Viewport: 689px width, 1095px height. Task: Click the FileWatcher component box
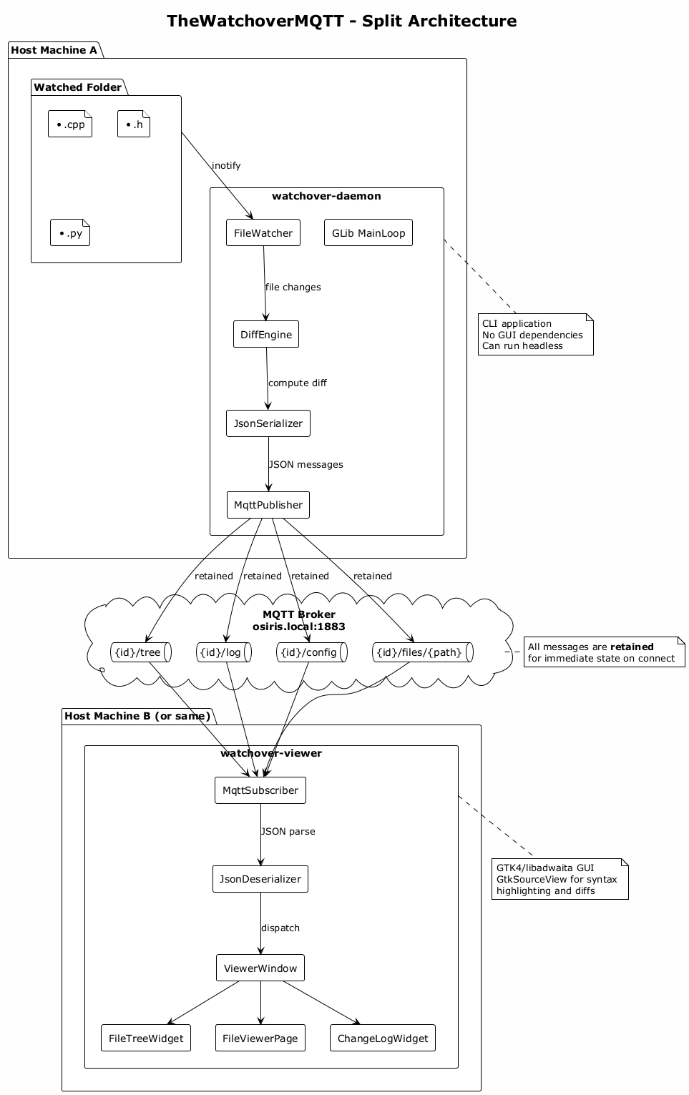coord(263,233)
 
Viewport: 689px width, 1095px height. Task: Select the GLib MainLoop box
coord(368,233)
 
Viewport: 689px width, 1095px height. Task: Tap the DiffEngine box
coord(266,335)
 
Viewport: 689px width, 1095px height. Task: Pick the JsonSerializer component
coord(268,423)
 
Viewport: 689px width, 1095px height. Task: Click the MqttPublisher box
coord(268,505)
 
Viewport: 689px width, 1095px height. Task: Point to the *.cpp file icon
coord(70,124)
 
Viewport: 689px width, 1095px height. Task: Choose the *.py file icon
coord(70,233)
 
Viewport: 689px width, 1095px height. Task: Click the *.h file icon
coord(134,124)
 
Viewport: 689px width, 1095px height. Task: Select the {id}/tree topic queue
coord(141,652)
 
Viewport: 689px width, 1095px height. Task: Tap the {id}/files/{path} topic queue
coord(423,652)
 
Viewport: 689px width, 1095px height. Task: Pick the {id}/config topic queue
coord(312,652)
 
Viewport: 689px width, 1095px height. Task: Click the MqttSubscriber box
coord(260,790)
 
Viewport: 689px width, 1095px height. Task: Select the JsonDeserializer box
coord(260,879)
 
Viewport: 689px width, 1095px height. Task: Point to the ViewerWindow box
coord(260,968)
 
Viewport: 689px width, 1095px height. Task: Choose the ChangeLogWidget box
coord(383,1038)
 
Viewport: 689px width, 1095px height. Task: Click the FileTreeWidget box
coord(146,1038)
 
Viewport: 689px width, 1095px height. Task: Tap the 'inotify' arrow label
coord(226,166)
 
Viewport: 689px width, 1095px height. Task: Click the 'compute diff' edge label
coord(298,383)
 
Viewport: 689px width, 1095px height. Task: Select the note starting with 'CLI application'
coord(536,335)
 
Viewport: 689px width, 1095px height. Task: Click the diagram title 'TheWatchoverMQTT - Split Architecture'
coord(342,21)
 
